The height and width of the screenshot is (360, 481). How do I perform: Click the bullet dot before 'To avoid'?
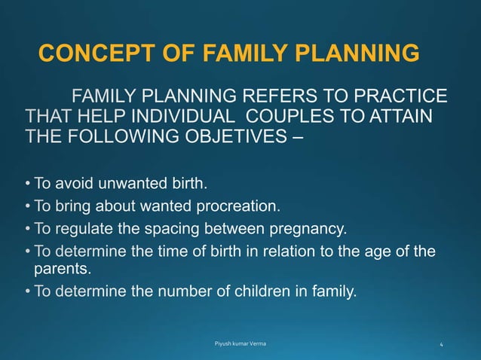pyautogui.click(x=27, y=183)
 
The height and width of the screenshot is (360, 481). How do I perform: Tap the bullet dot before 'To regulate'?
pyautogui.click(x=27, y=228)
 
